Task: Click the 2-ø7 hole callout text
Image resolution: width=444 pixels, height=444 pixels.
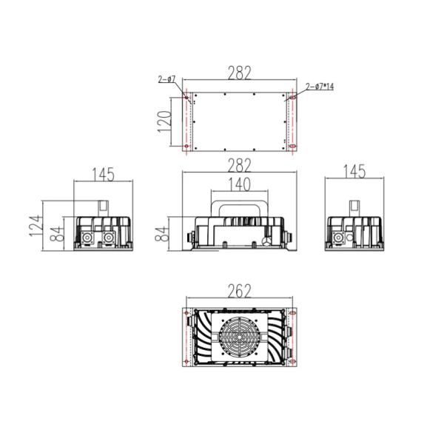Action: click(166, 79)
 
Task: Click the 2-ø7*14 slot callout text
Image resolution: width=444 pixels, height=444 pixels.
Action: click(320, 87)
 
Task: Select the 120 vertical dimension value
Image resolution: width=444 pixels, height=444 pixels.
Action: click(164, 122)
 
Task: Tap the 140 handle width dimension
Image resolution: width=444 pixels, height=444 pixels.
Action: click(239, 184)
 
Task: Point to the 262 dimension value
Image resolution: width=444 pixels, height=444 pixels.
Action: click(240, 291)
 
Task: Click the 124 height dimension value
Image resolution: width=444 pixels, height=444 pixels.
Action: click(36, 226)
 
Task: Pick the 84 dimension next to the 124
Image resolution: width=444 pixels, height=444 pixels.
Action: click(56, 234)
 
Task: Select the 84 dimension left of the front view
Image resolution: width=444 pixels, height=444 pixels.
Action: click(161, 234)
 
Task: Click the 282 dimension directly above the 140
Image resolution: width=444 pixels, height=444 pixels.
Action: click(240, 165)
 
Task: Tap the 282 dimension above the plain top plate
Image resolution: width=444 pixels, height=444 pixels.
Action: click(240, 73)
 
